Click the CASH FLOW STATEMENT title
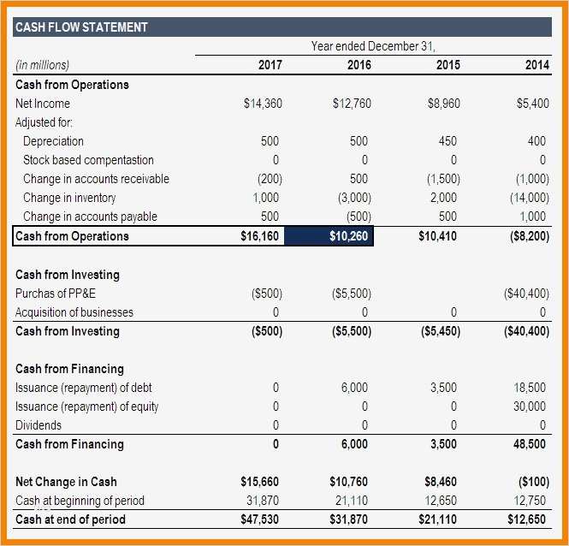tap(82, 27)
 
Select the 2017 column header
tap(270, 65)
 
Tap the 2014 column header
tap(536, 65)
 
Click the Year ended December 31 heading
tap(379, 46)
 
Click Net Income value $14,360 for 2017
tap(263, 104)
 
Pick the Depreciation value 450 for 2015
tap(447, 141)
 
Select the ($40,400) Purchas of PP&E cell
tap(528, 294)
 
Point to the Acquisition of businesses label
tap(74, 312)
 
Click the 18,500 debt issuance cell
tap(531, 388)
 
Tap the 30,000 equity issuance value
tap(531, 407)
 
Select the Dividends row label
tap(39, 425)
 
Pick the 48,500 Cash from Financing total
tap(531, 444)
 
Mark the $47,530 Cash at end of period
tap(260, 519)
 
